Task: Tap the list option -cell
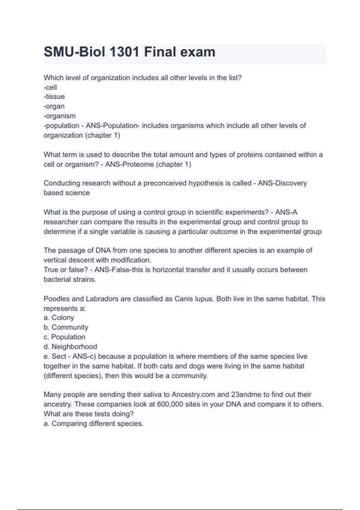pyautogui.click(x=50, y=87)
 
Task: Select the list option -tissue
pyautogui.click(x=54, y=97)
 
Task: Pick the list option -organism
pyautogui.click(x=59, y=116)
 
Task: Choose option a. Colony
pyautogui.click(x=59, y=318)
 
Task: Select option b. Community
pyautogui.click(x=66, y=327)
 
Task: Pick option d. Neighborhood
pyautogui.click(x=70, y=347)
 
